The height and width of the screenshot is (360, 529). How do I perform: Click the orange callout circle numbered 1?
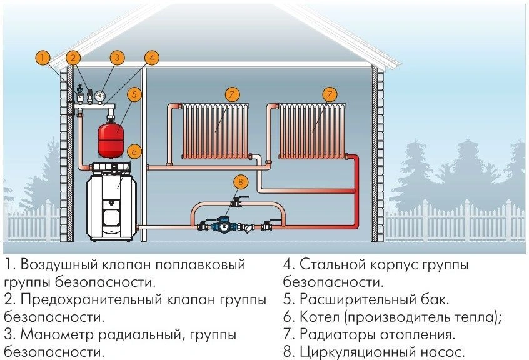click(x=42, y=58)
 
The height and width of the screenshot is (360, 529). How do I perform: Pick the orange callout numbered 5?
click(x=133, y=94)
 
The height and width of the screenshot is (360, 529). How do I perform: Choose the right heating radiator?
click(x=313, y=129)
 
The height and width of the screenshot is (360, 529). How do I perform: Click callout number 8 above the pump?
click(x=240, y=182)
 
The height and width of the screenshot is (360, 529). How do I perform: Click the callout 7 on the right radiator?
click(x=330, y=94)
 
